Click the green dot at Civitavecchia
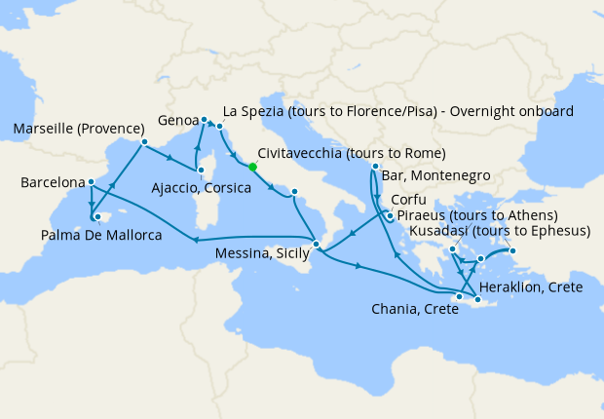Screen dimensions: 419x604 (252, 167)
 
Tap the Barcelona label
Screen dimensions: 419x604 (51, 182)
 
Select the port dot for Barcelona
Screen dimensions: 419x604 (91, 181)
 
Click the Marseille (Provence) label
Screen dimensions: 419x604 (73, 129)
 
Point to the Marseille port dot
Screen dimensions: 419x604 (144, 142)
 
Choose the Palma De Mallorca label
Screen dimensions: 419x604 (101, 235)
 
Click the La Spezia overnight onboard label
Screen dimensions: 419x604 (398, 110)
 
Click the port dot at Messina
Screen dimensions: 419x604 (316, 243)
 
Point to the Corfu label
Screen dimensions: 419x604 (408, 199)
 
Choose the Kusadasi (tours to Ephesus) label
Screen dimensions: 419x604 (501, 231)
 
